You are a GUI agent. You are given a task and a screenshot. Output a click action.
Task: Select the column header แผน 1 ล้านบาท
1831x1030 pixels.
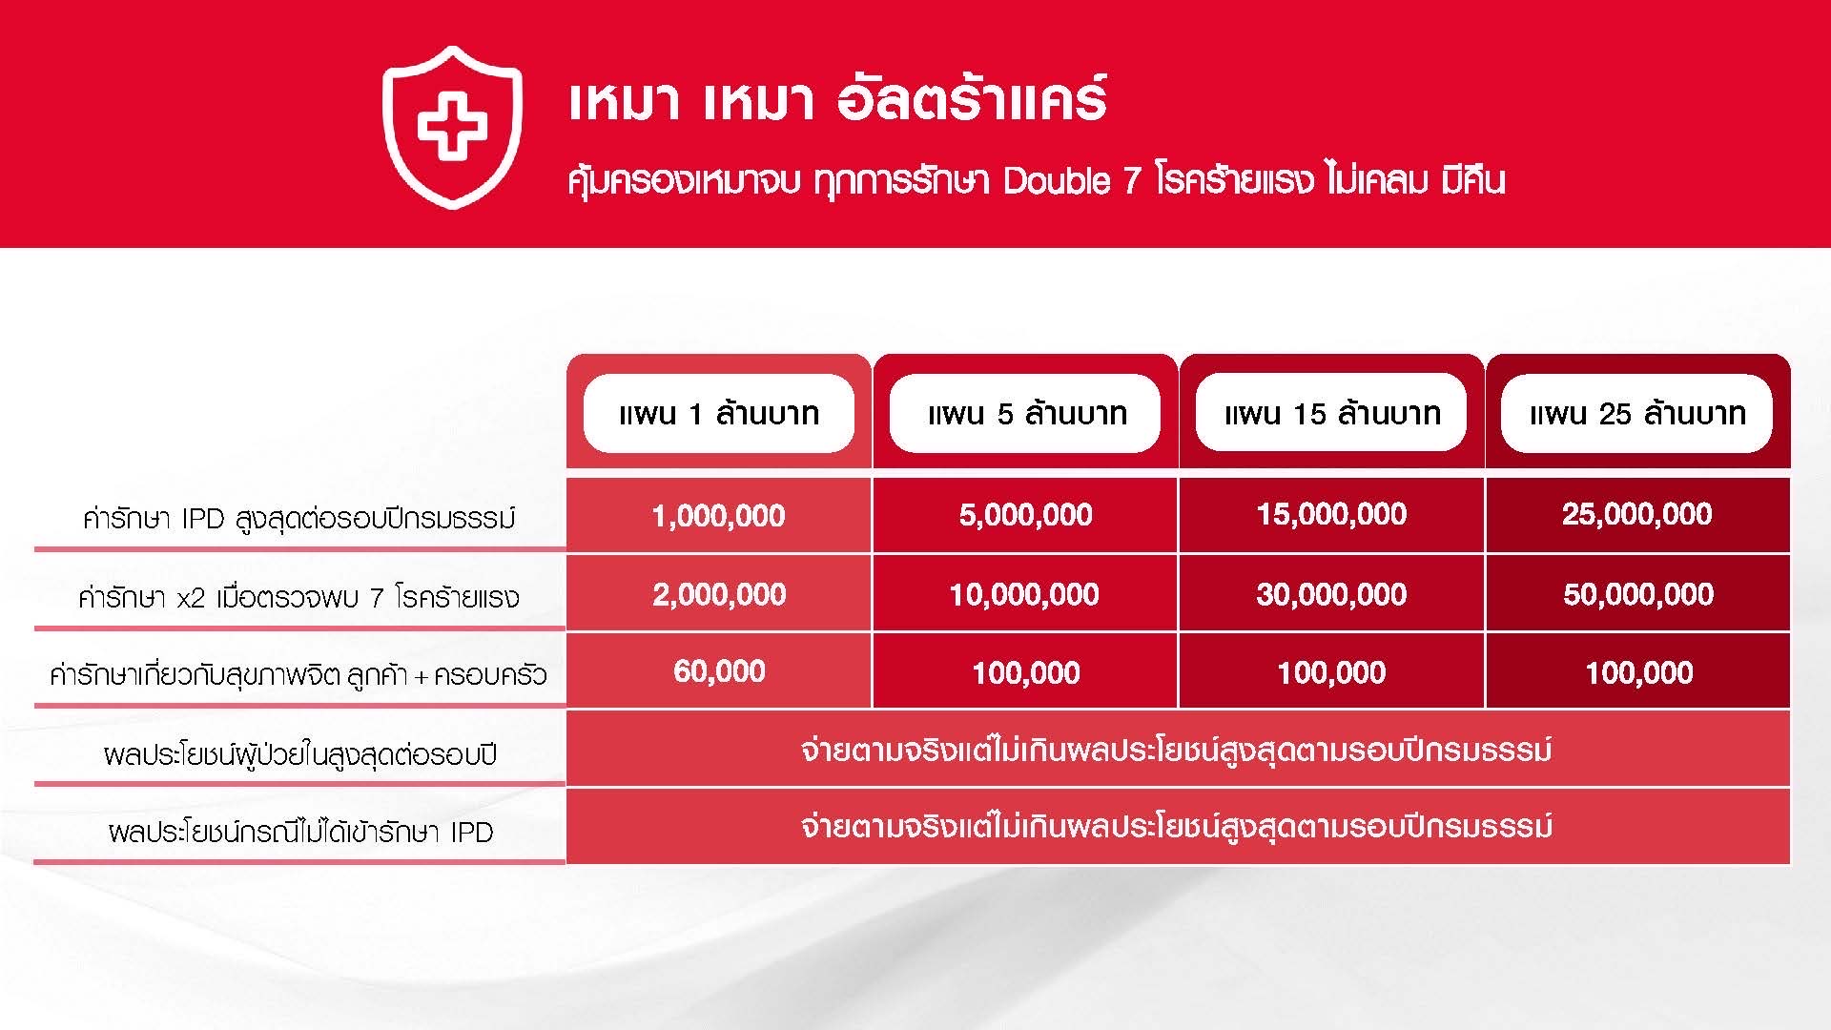point(719,413)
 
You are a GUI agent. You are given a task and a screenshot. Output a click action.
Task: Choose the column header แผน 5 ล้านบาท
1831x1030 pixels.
point(1025,413)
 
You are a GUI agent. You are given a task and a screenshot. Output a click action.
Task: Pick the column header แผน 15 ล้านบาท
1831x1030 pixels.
point(1331,413)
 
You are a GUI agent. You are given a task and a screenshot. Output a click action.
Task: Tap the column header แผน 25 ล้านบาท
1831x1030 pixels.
point(1636,413)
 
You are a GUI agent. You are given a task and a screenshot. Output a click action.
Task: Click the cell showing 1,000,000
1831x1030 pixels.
point(719,516)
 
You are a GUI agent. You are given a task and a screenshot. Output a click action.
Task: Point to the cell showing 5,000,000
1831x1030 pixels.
point(1025,515)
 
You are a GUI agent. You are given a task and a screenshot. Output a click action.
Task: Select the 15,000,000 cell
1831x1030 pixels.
point(1331,514)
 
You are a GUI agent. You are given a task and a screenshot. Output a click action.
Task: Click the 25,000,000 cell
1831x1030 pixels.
point(1637,514)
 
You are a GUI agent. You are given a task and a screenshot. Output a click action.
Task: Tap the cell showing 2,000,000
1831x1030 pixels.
point(719,594)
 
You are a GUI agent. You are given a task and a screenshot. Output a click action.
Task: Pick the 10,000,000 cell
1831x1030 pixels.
point(1024,594)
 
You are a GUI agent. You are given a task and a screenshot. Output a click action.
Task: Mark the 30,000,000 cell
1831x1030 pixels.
point(1331,594)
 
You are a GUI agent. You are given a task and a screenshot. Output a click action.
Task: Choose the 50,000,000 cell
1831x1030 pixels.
point(1638,594)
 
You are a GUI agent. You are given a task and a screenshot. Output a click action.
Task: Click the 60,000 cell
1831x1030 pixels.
point(719,671)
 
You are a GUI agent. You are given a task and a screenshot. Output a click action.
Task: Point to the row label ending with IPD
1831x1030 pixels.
point(300,832)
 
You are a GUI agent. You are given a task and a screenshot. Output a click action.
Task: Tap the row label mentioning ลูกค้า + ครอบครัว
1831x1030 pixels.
point(298,675)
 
